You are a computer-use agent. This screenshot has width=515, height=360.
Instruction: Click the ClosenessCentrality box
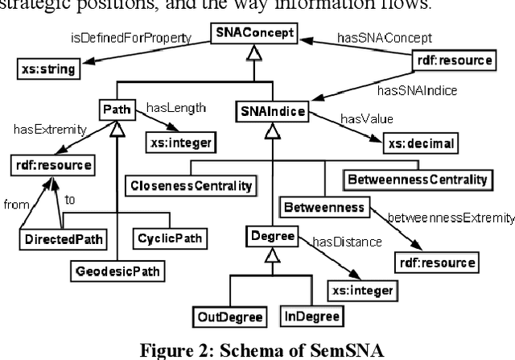190,185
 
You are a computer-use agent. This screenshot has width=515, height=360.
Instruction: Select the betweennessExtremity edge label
451,217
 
